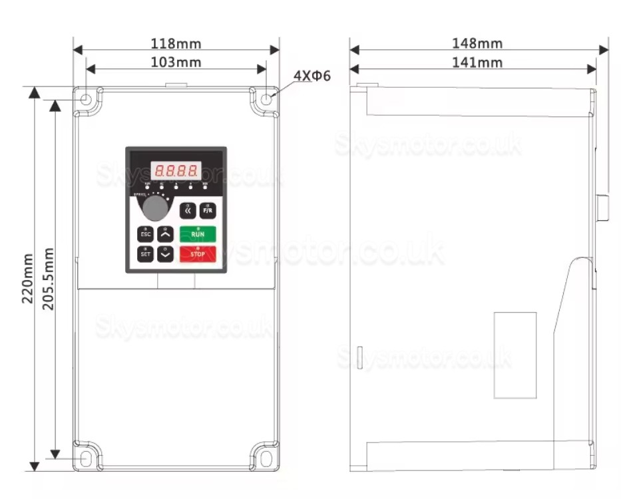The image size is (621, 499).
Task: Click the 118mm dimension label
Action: tap(176, 44)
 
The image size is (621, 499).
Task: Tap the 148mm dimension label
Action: tap(477, 44)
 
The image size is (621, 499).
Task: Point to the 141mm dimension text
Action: tap(477, 63)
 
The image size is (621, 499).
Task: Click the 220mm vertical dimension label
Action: tap(27, 278)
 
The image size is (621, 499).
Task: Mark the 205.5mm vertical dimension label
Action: tap(49, 278)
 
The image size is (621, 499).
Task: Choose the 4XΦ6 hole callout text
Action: tap(311, 76)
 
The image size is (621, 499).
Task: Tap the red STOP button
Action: tap(198, 253)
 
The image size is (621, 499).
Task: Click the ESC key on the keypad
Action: tap(145, 234)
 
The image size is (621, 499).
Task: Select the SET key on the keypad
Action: tap(145, 253)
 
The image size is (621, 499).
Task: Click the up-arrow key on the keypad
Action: tap(166, 234)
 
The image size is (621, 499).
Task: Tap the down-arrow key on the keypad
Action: tap(166, 253)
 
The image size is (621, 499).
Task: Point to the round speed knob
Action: tap(155, 208)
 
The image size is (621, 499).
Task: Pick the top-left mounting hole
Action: tap(87, 100)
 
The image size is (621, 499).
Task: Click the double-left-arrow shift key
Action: tap(188, 210)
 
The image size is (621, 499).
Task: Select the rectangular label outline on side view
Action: tap(515, 355)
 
